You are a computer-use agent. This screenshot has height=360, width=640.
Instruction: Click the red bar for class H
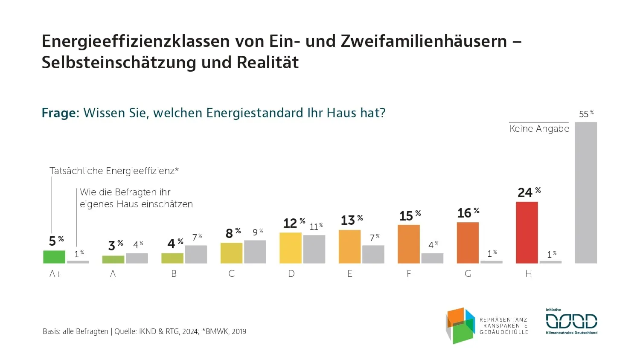coord(527,232)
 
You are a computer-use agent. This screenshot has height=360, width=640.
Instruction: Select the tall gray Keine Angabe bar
coord(586,193)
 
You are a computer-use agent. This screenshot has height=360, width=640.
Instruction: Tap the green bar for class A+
coord(54,257)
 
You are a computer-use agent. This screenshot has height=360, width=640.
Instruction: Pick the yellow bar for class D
coord(290,248)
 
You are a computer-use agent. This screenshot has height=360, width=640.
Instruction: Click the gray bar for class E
coord(373,254)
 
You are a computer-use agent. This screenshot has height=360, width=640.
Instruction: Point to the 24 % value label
coord(529,192)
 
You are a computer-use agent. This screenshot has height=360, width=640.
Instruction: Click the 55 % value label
coord(586,114)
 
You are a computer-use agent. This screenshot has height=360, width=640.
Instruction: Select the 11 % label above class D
coord(316,226)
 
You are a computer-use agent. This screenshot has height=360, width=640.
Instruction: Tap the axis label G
coord(468,274)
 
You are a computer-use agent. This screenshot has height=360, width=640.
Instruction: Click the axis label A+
coord(55,274)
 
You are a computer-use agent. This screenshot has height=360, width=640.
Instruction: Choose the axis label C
coord(231,274)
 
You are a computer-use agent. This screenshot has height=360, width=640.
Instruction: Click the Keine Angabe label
coord(539,129)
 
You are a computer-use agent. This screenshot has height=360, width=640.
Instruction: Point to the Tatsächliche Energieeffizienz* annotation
coord(114,171)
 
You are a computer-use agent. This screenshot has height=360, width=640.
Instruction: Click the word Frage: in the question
coord(61,113)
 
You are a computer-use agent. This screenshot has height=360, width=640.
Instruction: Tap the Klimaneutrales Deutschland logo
coord(571,322)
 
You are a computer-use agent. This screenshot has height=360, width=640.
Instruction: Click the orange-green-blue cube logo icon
coord(460,325)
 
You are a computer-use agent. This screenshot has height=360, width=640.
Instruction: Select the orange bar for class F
coord(408,244)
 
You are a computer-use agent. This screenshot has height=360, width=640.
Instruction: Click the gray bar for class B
coord(196,254)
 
